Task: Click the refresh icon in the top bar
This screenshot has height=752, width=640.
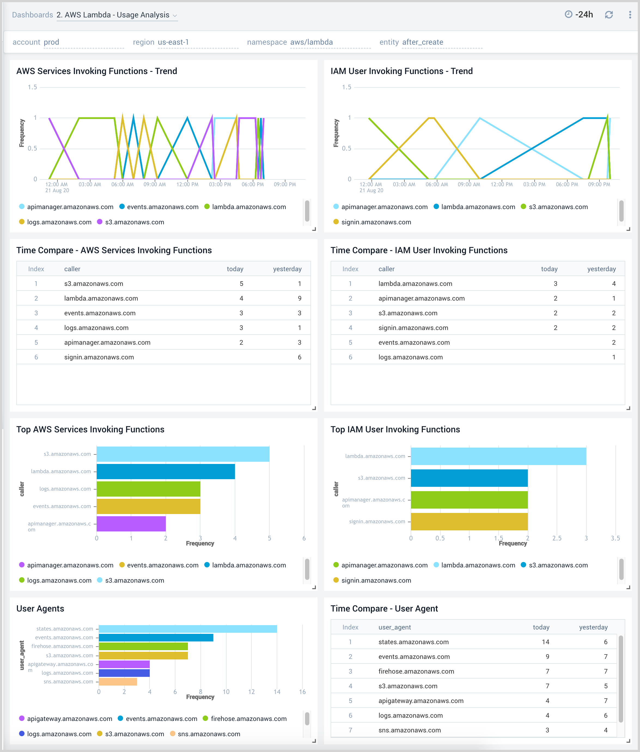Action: coord(608,15)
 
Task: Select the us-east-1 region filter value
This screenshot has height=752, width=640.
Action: coord(173,42)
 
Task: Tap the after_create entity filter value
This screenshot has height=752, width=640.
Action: coord(422,42)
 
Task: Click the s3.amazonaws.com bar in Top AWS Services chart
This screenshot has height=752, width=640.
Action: coord(183,454)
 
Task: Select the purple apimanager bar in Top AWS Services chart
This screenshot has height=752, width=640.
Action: coord(131,524)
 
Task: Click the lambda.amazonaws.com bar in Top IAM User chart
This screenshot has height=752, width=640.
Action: coord(498,456)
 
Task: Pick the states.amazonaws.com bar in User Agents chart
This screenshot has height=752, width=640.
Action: coord(188,629)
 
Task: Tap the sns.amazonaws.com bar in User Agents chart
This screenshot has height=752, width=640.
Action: coord(118,682)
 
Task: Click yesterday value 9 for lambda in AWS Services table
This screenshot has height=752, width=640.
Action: coord(299,298)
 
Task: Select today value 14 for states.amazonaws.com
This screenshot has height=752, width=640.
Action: coord(545,642)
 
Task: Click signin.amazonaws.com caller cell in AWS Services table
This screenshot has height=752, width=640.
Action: coord(99,357)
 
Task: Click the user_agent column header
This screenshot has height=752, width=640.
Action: coord(394,627)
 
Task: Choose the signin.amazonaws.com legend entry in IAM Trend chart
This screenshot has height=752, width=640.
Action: coord(376,222)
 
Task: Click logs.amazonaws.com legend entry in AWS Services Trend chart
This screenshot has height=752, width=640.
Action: coord(59,222)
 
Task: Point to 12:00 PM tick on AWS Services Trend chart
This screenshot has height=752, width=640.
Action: coord(187,184)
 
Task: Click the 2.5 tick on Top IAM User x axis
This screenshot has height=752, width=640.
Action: coord(557,538)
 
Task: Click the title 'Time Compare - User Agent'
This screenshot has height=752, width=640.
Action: coord(384,608)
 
